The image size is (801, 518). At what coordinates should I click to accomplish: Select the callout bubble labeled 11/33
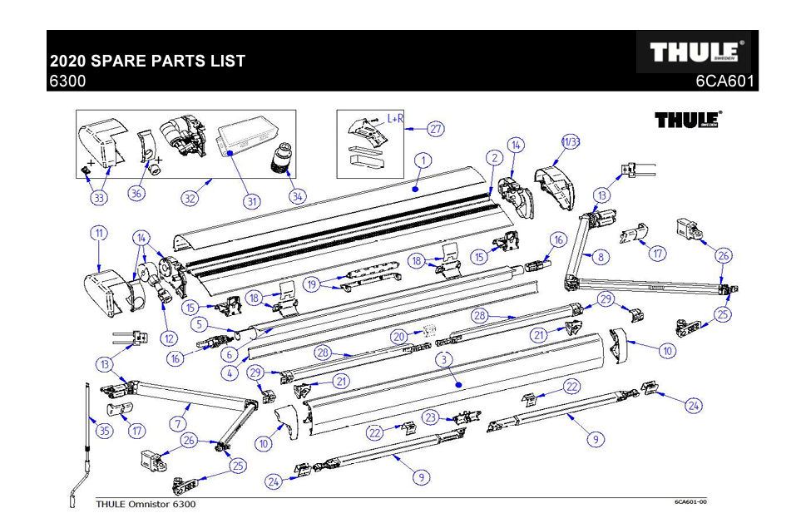click(x=571, y=143)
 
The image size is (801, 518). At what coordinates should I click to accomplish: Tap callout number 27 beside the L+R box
click(x=437, y=129)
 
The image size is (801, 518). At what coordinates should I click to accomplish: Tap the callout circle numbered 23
click(x=430, y=417)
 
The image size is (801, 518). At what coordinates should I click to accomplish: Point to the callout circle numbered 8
click(x=599, y=258)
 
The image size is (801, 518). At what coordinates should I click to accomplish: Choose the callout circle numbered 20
click(x=399, y=337)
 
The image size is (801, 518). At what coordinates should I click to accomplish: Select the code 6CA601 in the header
click(x=726, y=82)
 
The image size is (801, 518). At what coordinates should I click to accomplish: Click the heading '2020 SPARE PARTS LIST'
click(x=147, y=62)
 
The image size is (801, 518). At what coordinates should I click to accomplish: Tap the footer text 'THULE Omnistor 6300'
click(x=146, y=504)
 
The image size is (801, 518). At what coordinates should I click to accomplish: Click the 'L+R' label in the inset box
click(x=395, y=119)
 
